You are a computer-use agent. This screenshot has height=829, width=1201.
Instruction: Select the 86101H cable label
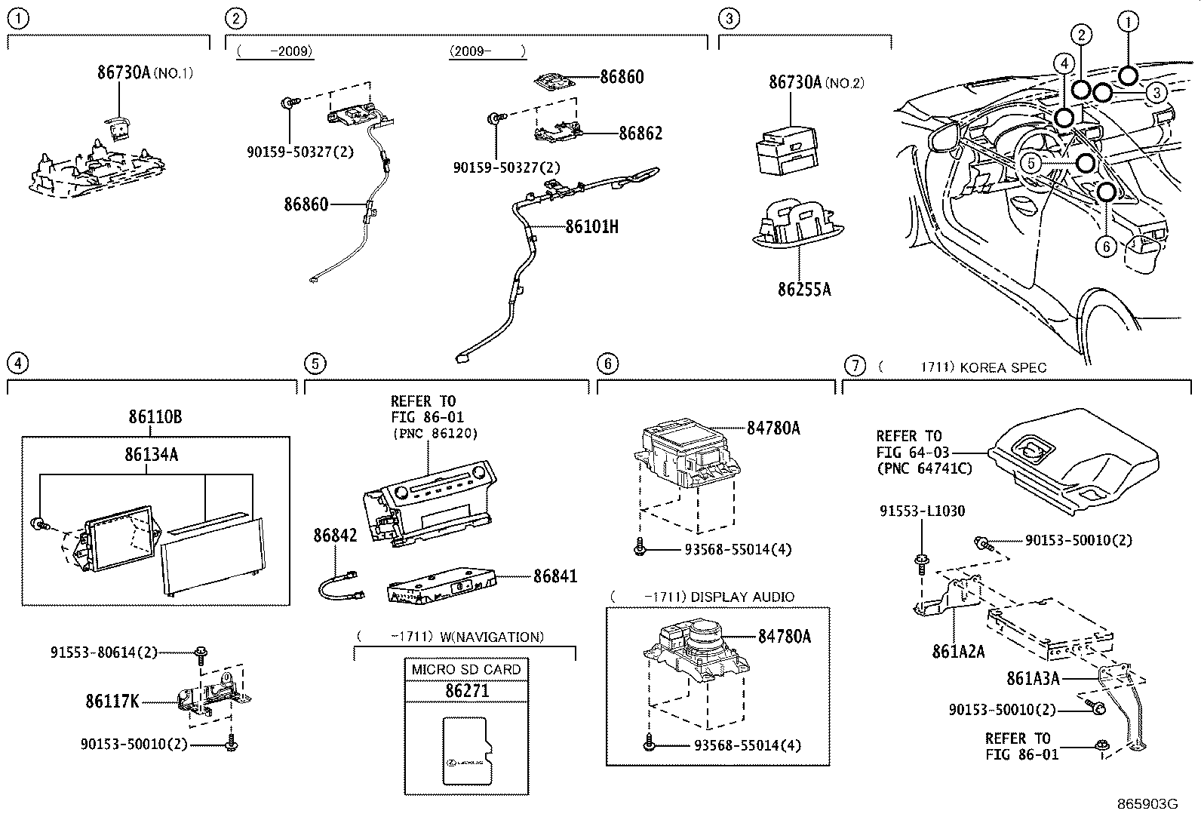592,226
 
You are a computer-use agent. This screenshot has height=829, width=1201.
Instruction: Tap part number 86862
640,134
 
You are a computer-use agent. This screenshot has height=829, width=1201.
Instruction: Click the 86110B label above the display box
155,417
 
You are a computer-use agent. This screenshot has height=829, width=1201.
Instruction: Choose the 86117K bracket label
112,702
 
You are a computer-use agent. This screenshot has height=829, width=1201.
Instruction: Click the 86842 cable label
335,536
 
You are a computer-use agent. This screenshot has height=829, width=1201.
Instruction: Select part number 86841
555,576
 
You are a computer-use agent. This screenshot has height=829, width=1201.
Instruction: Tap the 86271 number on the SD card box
467,691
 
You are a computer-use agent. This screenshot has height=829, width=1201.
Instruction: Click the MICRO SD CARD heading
466,669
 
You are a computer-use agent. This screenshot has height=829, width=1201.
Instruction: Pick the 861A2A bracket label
958,652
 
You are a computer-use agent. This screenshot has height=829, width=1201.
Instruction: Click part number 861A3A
1033,679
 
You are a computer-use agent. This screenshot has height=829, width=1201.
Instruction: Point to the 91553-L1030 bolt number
922,511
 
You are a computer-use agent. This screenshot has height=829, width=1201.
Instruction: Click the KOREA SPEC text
1003,367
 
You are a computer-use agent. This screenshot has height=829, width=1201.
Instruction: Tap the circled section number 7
854,366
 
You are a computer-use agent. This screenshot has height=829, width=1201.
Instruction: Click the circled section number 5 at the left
315,364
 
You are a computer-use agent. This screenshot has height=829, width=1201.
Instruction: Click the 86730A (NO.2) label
816,82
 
